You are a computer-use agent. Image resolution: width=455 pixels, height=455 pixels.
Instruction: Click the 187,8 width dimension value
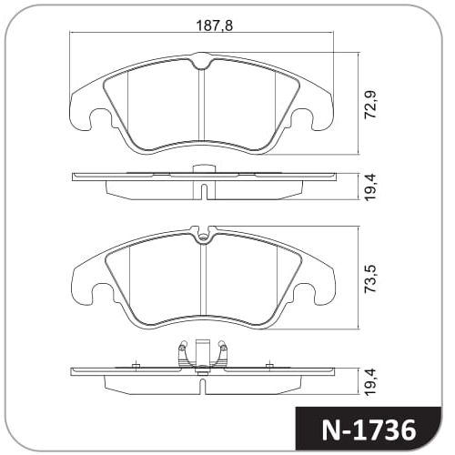pos(215,25)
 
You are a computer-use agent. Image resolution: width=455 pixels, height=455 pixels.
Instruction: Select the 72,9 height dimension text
pos(370,104)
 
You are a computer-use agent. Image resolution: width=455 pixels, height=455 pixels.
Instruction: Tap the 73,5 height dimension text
pos(370,278)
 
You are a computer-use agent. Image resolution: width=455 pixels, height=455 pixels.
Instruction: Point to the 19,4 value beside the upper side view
pos(370,187)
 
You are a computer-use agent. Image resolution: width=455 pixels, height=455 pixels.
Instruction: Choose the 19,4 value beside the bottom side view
pos(370,381)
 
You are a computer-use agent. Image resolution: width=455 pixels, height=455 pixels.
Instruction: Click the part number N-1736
pos(369,430)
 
